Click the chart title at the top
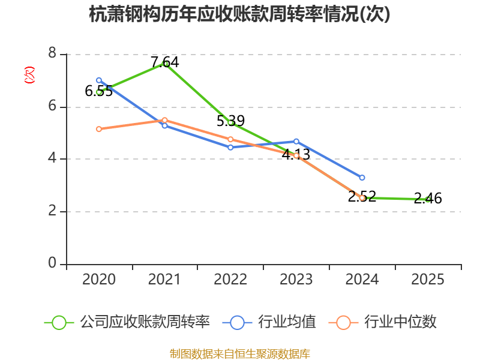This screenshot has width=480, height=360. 239,14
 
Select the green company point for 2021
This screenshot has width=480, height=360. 165,63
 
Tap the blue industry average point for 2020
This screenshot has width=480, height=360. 99,80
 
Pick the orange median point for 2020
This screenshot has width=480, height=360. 99,129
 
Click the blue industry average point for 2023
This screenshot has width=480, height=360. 296,142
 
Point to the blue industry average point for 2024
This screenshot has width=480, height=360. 362,178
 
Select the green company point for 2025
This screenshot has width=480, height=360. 428,199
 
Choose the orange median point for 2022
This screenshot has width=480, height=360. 230,139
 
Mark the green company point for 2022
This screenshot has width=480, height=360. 230,122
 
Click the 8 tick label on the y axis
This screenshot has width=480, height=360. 52,54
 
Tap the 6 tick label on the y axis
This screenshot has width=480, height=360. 52,106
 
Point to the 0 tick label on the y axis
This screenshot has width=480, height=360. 52,264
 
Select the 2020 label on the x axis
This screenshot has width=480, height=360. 99,280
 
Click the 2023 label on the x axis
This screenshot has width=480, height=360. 296,280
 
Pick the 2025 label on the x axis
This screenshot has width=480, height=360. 428,280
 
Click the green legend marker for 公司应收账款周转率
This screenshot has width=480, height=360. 59,322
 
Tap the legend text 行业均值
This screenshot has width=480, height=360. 287,322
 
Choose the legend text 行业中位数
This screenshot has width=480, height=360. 400,322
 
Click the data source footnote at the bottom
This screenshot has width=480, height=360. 239,353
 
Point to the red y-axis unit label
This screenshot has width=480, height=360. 29,75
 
